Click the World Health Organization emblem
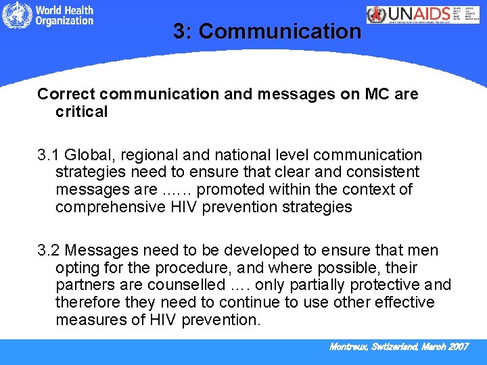[x=16, y=16]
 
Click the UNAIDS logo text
[x=423, y=15]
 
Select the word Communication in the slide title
[x=281, y=31]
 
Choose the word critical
[x=81, y=112]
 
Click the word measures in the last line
[x=87, y=320]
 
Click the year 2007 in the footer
[x=457, y=347]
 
